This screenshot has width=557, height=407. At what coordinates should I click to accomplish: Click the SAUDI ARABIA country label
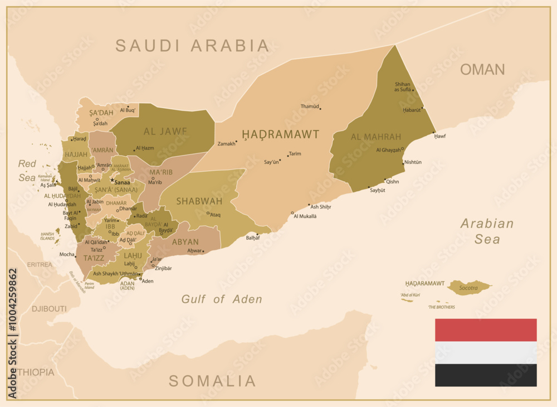(192, 45)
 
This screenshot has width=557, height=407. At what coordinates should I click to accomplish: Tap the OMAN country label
(482, 70)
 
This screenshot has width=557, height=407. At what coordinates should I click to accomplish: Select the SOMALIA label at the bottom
(212, 381)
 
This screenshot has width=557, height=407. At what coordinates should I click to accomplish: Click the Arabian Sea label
(487, 231)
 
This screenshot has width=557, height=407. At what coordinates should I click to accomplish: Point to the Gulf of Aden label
(222, 299)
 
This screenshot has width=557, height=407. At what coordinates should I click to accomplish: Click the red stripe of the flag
(485, 330)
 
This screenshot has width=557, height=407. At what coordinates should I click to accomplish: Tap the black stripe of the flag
(485, 375)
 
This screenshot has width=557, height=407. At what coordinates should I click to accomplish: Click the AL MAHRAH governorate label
(376, 137)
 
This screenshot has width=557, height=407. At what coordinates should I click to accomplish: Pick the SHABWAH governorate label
(199, 201)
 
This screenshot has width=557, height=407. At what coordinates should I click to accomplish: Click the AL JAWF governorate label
(165, 132)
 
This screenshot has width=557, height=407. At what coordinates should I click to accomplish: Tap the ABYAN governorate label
(185, 242)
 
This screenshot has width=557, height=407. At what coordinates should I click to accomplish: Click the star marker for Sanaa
(111, 181)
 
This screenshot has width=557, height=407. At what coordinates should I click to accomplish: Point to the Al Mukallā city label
(305, 216)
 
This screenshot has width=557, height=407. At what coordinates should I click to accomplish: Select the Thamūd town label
(309, 106)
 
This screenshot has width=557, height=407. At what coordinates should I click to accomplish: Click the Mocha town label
(67, 254)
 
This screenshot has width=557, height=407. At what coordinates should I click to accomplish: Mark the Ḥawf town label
(440, 136)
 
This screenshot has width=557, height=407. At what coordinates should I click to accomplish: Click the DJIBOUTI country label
(49, 308)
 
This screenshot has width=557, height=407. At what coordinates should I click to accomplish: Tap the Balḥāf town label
(252, 238)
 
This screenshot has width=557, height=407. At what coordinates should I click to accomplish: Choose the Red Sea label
(27, 171)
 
